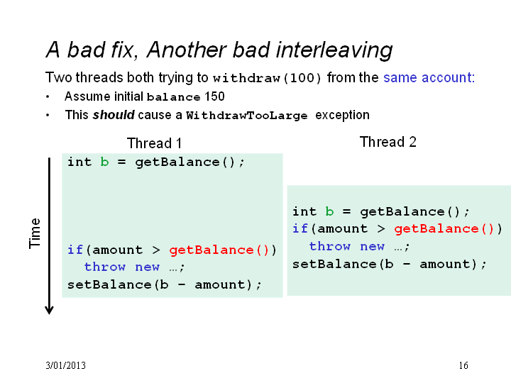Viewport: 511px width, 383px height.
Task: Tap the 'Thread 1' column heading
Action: [154, 143]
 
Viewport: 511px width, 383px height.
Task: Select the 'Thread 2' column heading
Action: [388, 142]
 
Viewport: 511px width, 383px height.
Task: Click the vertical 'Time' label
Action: [35, 233]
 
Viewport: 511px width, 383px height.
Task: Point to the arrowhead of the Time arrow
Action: [49, 311]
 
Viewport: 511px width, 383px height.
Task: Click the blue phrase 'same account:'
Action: [429, 77]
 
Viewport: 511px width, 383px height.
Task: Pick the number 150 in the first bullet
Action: [214, 96]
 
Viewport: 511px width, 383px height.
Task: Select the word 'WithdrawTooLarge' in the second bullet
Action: [247, 116]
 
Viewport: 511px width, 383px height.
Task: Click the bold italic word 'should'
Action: [114, 115]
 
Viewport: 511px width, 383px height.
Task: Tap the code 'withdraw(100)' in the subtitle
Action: [268, 78]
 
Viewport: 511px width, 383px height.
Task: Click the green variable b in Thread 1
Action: [104, 162]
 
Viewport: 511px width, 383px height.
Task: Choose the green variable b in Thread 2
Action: [329, 211]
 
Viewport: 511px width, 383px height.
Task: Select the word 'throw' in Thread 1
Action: [105, 267]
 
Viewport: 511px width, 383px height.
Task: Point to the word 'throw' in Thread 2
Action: [330, 246]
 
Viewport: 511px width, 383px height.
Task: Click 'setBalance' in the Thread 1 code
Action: [109, 284]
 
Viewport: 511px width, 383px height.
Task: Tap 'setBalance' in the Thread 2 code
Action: [334, 264]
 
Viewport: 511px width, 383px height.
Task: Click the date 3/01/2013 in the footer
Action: [65, 365]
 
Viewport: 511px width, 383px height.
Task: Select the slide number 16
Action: [463, 365]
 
